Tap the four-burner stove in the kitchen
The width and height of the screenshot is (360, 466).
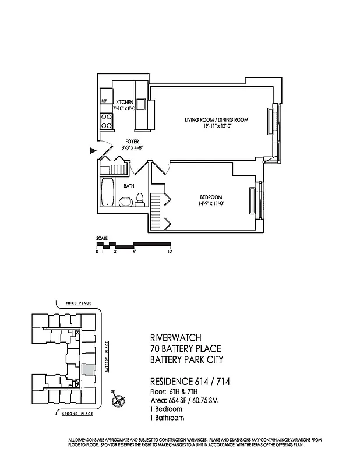tap(107, 121)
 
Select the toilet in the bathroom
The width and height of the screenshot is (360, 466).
tap(139, 200)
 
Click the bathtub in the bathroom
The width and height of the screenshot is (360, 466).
tap(107, 192)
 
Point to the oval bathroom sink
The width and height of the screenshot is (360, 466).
tap(125, 202)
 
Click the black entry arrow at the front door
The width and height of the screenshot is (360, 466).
tap(92, 151)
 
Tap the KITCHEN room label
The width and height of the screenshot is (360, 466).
tap(125, 102)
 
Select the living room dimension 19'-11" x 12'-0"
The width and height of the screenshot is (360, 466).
tap(217, 126)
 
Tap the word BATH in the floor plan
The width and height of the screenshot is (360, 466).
tap(129, 186)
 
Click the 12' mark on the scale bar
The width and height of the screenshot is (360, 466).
tap(170, 252)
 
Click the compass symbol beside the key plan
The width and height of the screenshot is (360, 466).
tap(119, 400)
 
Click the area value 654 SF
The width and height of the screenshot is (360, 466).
tap(172, 401)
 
